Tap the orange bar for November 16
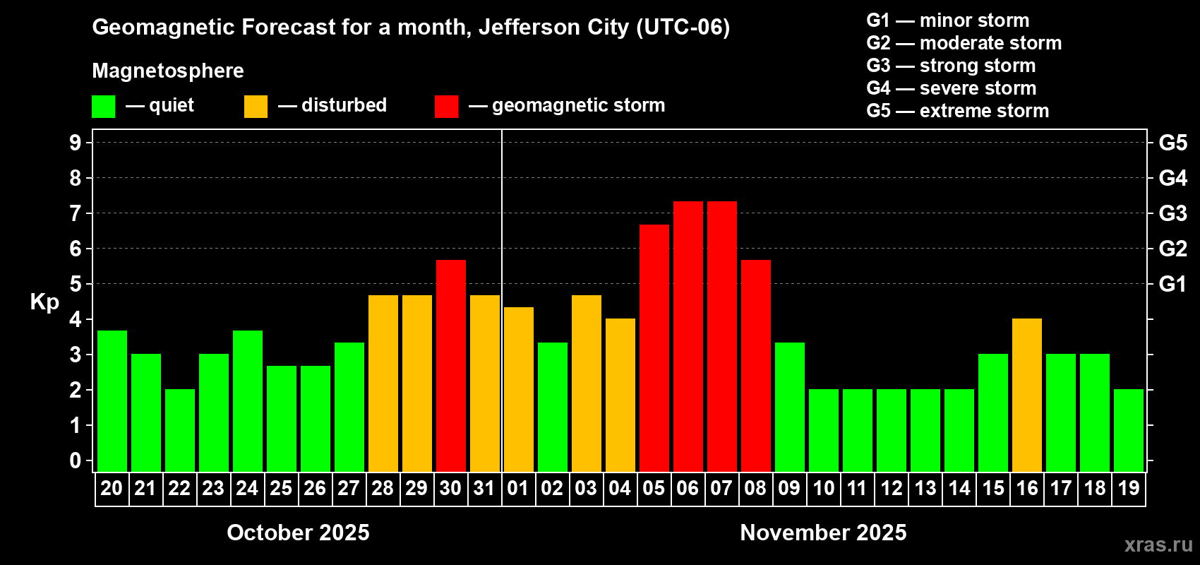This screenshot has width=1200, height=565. tap(1027, 395)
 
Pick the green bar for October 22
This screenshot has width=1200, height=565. tap(180, 431)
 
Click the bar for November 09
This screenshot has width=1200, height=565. tap(790, 407)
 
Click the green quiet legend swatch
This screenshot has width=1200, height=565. tap(104, 107)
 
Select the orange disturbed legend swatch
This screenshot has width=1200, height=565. tap(256, 107)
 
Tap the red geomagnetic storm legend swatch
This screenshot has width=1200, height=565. tap(446, 107)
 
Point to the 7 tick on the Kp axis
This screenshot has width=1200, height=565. tap(76, 213)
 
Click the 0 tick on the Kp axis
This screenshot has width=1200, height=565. tap(76, 460)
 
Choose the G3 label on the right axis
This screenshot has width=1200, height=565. tap(1172, 213)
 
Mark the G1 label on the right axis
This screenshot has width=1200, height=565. tap(1172, 284)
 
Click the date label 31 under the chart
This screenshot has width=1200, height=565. tap(484, 488)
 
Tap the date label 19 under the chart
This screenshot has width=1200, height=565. tap(1129, 488)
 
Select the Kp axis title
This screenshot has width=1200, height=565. tap(44, 302)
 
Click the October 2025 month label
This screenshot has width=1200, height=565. tap(298, 533)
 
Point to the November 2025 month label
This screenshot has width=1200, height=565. tap(823, 533)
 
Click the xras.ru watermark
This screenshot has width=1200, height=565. tap(1158, 544)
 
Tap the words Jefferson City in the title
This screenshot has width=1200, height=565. tap(553, 27)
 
